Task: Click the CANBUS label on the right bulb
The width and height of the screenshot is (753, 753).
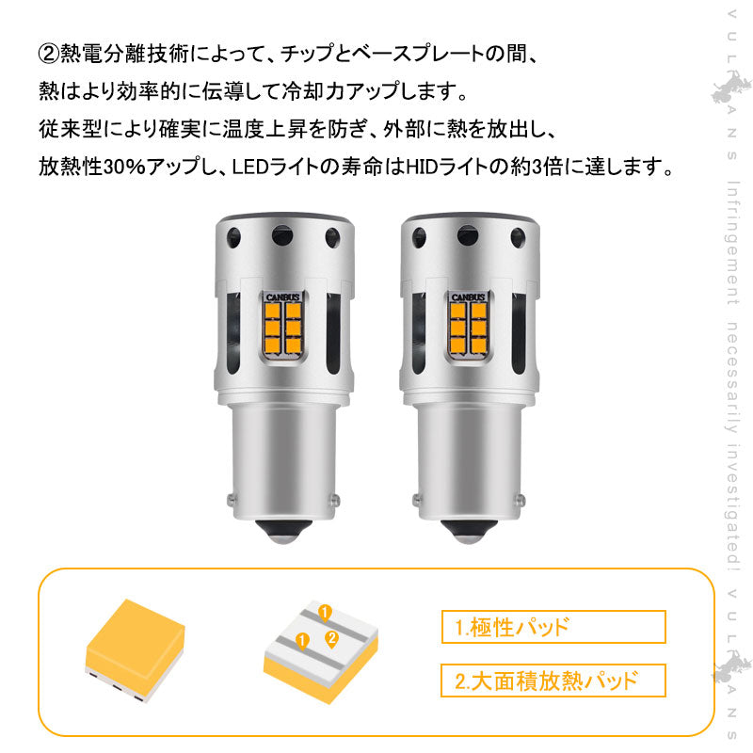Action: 468,296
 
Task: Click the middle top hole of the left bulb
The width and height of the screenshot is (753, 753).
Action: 280,232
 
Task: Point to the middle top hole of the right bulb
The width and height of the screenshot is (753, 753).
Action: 465,232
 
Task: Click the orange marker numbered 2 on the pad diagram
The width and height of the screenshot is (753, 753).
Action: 330,638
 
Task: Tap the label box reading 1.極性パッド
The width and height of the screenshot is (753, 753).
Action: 553,627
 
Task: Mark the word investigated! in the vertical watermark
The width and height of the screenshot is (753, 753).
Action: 732,505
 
